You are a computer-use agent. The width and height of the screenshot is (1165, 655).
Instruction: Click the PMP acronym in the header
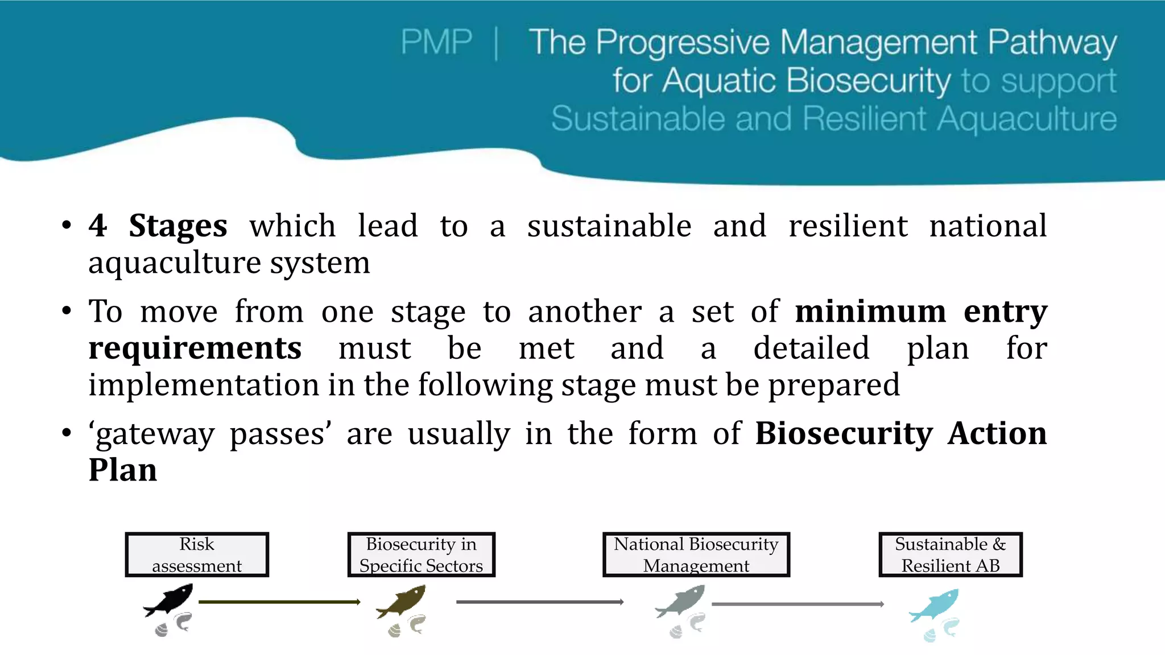tap(436, 42)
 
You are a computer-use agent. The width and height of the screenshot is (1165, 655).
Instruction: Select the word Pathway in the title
tap(1052, 43)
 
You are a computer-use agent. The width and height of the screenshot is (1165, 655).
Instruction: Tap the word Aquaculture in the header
tap(1026, 119)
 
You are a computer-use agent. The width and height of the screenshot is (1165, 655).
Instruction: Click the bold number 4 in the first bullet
tap(97, 226)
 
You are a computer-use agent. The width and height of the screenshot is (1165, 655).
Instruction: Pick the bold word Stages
tap(177, 226)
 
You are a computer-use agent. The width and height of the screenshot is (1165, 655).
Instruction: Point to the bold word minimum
tap(870, 312)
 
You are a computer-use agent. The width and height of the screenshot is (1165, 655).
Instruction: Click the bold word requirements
tap(195, 348)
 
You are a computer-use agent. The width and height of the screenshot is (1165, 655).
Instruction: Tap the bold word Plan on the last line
tap(122, 470)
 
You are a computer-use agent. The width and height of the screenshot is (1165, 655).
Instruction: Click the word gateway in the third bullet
tap(154, 434)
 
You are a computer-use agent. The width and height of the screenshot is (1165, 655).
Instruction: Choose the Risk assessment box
tap(197, 554)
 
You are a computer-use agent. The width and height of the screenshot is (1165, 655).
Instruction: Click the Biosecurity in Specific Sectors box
tap(421, 554)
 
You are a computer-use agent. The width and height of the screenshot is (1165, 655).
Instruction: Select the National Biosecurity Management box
tap(696, 554)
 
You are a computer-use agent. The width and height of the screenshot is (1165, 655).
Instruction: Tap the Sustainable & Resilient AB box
tap(950, 554)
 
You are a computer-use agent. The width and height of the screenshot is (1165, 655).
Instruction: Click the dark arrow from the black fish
tap(279, 602)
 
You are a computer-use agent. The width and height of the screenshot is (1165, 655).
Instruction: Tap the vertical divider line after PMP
tap(497, 43)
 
